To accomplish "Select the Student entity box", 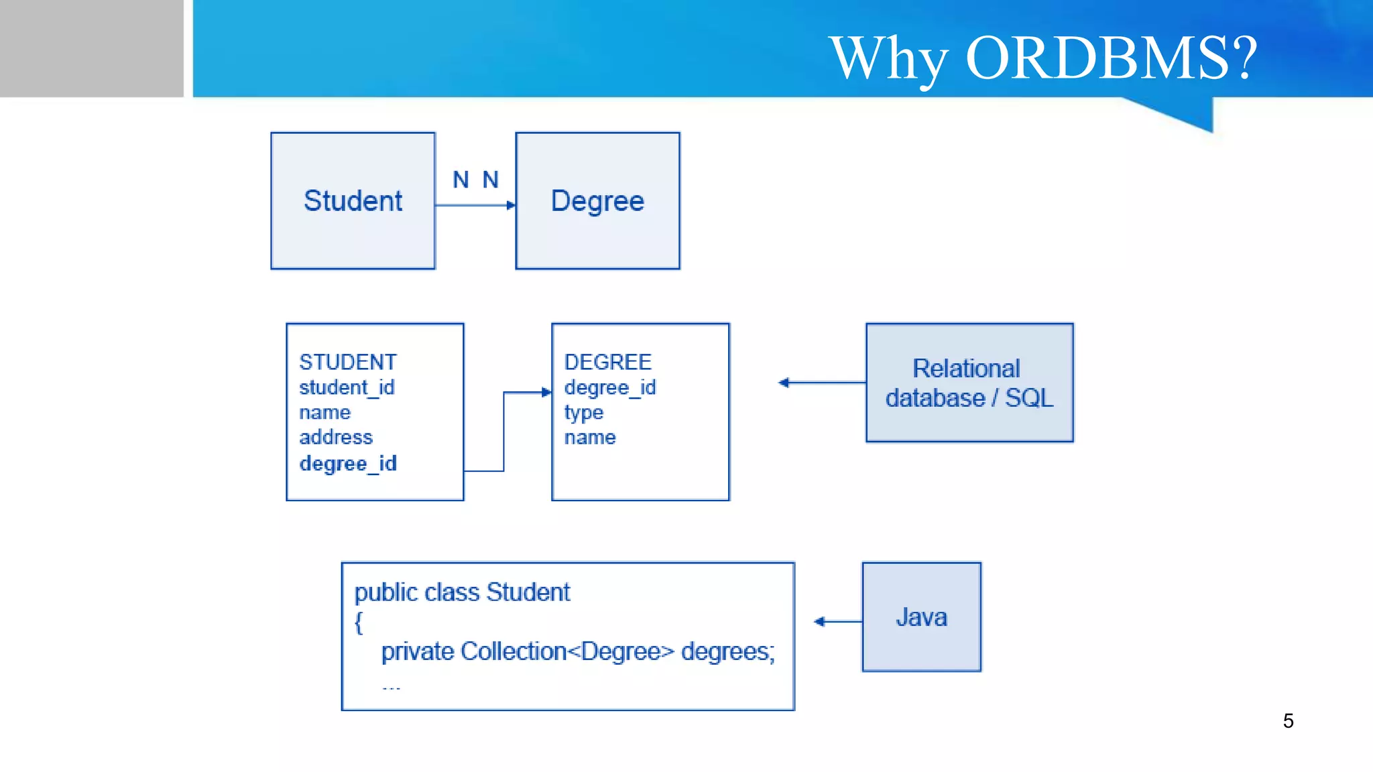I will click(353, 201).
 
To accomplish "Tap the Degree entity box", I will click(597, 201).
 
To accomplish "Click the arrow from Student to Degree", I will click(475, 205).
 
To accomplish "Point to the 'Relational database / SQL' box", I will click(969, 383).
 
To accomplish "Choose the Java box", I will click(921, 617).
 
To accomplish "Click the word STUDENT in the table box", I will click(347, 363).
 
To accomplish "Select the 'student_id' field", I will click(347, 387).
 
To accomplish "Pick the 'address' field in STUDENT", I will click(335, 438).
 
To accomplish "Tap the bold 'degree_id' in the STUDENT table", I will click(348, 464).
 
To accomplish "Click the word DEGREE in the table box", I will click(607, 363).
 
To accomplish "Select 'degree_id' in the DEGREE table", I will click(609, 387).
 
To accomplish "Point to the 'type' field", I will click(583, 413).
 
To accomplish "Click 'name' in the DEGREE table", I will click(589, 438).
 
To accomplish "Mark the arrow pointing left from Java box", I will click(837, 622).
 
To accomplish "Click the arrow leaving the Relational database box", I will click(822, 383).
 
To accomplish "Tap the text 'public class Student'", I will click(462, 592).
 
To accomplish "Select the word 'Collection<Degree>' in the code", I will click(567, 651).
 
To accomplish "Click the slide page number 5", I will click(1288, 721).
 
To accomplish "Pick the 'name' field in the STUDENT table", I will click(324, 413).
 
